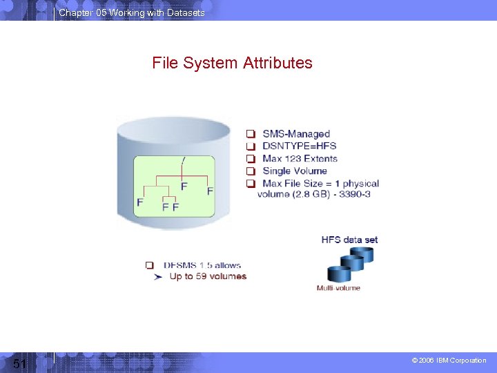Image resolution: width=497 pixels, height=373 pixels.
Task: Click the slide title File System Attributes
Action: tap(232, 64)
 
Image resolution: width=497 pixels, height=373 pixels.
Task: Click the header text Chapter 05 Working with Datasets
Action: tap(132, 13)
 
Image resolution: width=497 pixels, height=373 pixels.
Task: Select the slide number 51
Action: tap(19, 363)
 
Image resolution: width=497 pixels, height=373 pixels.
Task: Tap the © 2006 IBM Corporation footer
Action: tap(449, 361)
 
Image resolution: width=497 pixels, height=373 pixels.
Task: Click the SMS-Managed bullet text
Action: tap(296, 134)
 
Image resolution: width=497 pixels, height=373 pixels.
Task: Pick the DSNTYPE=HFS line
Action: tap(300, 146)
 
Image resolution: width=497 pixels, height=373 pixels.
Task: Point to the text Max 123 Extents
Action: tap(300, 159)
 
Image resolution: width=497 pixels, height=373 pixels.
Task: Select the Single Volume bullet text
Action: tap(295, 171)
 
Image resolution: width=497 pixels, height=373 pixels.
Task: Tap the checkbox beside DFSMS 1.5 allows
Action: tap(150, 265)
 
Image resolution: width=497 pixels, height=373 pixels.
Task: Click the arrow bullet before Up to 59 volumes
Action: tap(158, 276)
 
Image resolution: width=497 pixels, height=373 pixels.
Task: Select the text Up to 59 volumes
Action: tap(208, 276)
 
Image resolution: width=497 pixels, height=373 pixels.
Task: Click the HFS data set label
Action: tap(349, 240)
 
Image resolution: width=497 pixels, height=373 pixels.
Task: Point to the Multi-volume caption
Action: tap(338, 287)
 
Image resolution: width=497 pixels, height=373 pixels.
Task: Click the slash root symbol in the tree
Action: tap(183, 162)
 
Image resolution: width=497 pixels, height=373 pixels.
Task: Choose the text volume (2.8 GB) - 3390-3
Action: tap(314, 194)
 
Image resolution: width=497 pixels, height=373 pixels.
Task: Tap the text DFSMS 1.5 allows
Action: tap(202, 265)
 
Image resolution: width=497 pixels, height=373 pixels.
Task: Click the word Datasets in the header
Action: tap(186, 13)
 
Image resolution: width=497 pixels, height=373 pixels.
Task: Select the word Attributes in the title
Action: tap(277, 64)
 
